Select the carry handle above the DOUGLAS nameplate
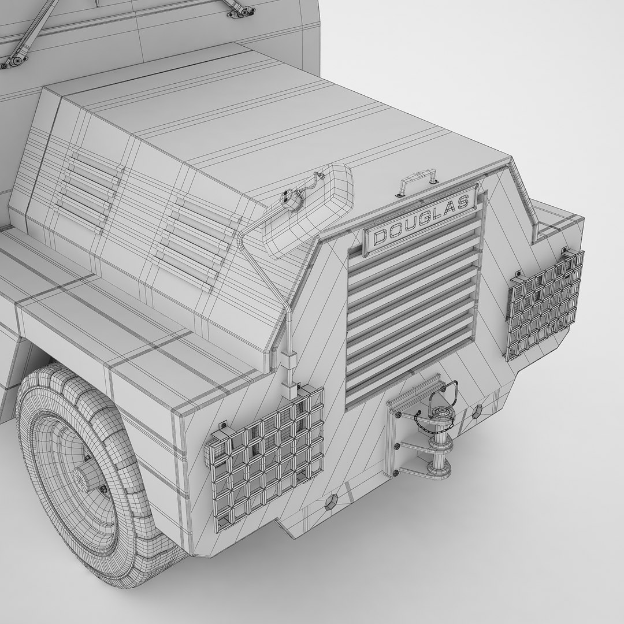point(416,183)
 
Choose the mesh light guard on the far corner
point(544,304)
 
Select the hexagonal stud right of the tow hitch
point(477,412)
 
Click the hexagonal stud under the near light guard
point(332,500)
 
